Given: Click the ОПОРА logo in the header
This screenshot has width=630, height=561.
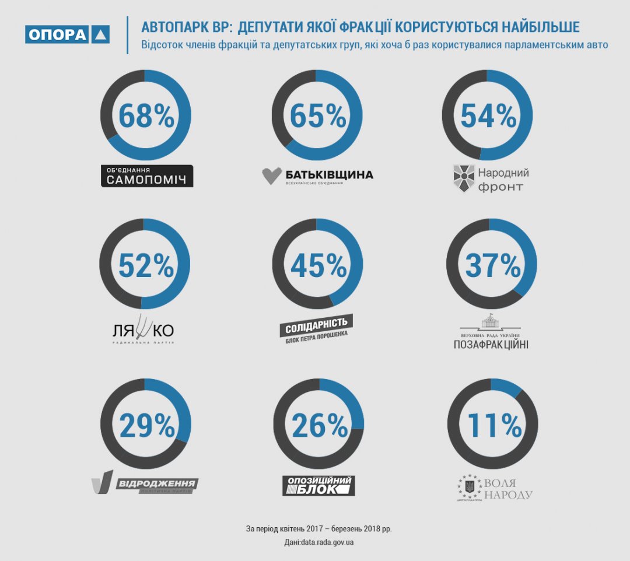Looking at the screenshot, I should (x=67, y=34).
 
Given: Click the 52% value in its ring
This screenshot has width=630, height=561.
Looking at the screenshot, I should (x=146, y=265).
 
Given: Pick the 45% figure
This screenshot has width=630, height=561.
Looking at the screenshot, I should (x=318, y=265).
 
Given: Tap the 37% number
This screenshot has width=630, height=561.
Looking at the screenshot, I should (x=492, y=265).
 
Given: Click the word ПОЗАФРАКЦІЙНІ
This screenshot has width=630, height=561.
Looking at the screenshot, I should (x=491, y=344).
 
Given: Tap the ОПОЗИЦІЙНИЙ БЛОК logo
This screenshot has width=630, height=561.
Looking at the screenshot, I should (x=318, y=485).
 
